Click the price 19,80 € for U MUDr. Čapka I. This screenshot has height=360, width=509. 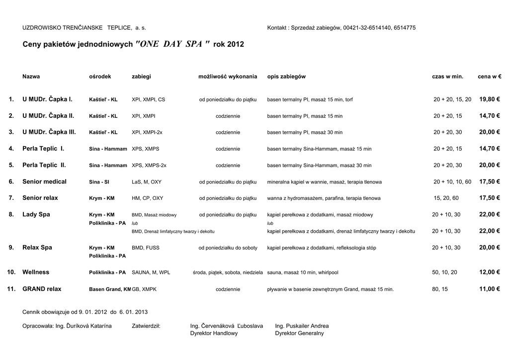[x=489, y=99]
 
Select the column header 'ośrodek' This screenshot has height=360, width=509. [x=100, y=77]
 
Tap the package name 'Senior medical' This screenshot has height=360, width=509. [x=44, y=181]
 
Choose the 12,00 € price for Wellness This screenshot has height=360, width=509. [x=489, y=272]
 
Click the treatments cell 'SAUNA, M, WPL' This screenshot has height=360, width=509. [x=151, y=273]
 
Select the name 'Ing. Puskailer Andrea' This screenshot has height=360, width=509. [x=302, y=326]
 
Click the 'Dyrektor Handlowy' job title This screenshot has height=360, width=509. [x=214, y=333]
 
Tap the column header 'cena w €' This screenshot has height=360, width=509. [x=490, y=77]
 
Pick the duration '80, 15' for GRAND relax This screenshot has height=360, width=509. [x=440, y=289]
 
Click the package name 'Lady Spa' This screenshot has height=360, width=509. [x=36, y=214]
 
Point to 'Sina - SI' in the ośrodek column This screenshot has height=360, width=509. [x=99, y=182]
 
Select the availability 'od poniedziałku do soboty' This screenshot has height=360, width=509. [x=228, y=248]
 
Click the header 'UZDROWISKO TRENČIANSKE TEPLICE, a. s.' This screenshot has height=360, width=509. [x=84, y=28]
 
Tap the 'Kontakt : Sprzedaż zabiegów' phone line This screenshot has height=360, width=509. [x=341, y=28]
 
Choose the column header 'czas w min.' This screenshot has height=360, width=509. [x=447, y=77]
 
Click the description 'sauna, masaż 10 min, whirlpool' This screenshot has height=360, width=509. [x=303, y=273]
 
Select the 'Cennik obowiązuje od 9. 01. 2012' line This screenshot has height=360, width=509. [x=85, y=312]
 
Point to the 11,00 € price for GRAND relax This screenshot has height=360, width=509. [x=489, y=289]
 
